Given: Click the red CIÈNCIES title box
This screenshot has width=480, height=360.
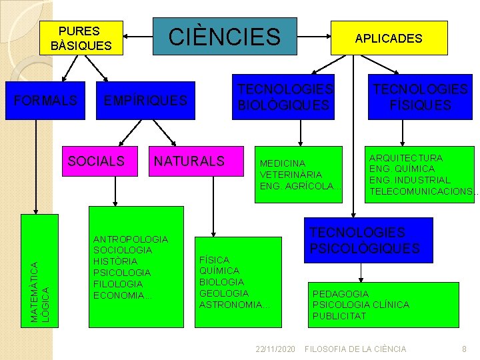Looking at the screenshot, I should pyautogui.click(x=224, y=37).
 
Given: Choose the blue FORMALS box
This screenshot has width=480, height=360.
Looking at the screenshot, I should pyautogui.click(x=45, y=101).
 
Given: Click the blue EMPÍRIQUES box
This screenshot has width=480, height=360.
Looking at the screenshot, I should pyautogui.click(x=145, y=101).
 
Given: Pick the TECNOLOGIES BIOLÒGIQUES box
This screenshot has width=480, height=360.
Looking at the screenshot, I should pyautogui.click(x=283, y=97).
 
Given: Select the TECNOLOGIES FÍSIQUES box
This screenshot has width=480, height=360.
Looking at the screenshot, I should pyautogui.click(x=420, y=97).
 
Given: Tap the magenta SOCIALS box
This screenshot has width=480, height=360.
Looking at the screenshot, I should pyautogui.click(x=97, y=161).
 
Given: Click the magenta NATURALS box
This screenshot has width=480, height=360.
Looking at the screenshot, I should pyautogui.click(x=189, y=161).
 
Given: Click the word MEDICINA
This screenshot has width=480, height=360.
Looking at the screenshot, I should pyautogui.click(x=283, y=163).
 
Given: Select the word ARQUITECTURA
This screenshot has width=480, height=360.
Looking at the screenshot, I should pyautogui.click(x=405, y=158).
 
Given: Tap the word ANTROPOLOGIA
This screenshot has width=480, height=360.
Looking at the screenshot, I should pyautogui.click(x=131, y=239).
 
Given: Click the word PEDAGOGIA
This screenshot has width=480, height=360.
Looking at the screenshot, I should pyautogui.click(x=340, y=293).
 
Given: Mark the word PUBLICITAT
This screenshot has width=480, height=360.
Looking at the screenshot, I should pyautogui.click(x=339, y=315).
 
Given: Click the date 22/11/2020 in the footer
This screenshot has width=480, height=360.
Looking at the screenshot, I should pyautogui.click(x=275, y=349).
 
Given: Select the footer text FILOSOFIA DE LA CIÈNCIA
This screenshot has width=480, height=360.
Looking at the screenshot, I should pyautogui.click(x=355, y=349).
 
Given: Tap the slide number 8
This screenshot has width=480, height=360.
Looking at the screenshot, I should pyautogui.click(x=464, y=349).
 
